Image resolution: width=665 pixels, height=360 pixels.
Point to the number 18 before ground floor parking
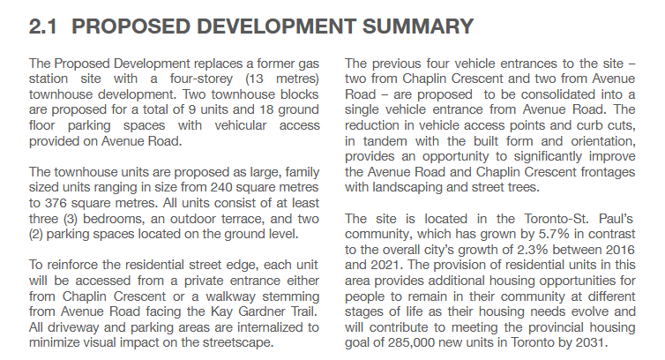[x=257, y=110]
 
